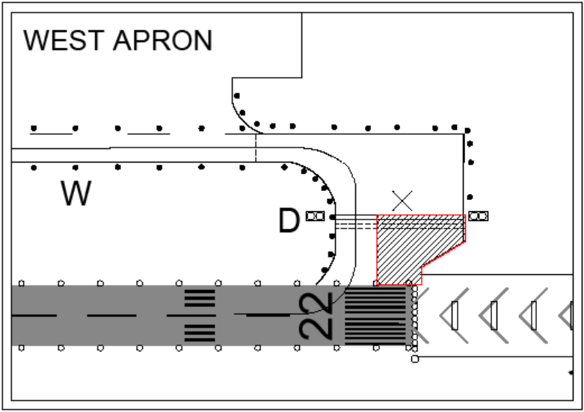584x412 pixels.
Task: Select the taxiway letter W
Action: coord(76,195)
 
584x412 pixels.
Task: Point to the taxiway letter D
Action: coord(289,221)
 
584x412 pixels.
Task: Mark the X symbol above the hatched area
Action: coord(403,199)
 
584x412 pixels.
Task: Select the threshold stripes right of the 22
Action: coord(375,315)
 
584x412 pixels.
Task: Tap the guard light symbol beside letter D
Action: coord(315,216)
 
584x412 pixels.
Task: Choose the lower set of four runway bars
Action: coord(200,332)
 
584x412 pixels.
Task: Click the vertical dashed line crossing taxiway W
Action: coord(256,147)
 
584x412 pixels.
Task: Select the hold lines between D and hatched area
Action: coord(354,220)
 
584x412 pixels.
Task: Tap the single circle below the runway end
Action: coord(414,359)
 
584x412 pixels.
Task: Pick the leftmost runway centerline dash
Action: coord(34,315)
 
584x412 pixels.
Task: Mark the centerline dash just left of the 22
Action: coord(267,315)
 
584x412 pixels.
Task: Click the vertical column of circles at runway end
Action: coord(414,315)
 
